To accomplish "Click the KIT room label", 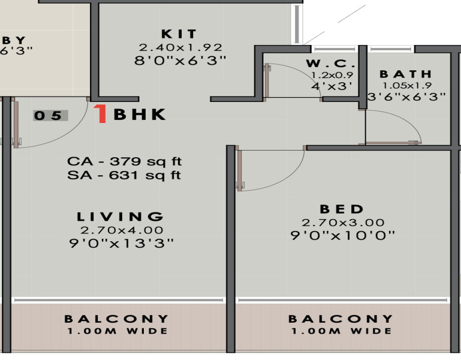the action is pyautogui.click(x=179, y=34).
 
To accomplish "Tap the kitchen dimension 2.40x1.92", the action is pyautogui.click(x=180, y=47).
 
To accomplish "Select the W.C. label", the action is pyautogui.click(x=331, y=64).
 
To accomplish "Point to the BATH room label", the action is pyautogui.click(x=405, y=74).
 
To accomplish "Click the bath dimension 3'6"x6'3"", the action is pyautogui.click(x=406, y=96).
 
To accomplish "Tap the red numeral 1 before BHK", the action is pyautogui.click(x=102, y=114).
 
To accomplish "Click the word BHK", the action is pyautogui.click(x=140, y=115).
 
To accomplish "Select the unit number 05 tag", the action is pyautogui.click(x=50, y=116).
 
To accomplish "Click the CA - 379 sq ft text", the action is pyautogui.click(x=124, y=161).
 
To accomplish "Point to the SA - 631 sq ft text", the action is pyautogui.click(x=124, y=175).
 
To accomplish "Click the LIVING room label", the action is pyautogui.click(x=120, y=217).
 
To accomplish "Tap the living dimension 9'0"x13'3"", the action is pyautogui.click(x=122, y=243).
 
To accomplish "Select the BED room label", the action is pyautogui.click(x=342, y=209).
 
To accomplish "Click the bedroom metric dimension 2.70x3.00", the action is pyautogui.click(x=342, y=223).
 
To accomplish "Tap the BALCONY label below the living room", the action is pyautogui.click(x=117, y=319).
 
